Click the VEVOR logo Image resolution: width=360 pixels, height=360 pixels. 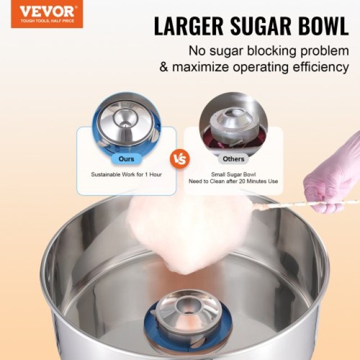point(47,14)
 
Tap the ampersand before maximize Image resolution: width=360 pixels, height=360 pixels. point(164,67)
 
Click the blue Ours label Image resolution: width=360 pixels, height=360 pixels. point(126,159)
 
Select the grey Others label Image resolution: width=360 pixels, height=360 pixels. point(233,159)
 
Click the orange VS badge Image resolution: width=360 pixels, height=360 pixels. point(180,159)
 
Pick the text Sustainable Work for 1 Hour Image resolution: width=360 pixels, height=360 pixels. point(126,174)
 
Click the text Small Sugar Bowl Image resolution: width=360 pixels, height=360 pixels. point(233,174)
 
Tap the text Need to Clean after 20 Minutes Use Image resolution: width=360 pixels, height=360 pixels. point(233,181)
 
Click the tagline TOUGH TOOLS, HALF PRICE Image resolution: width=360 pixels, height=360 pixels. point(47,21)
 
